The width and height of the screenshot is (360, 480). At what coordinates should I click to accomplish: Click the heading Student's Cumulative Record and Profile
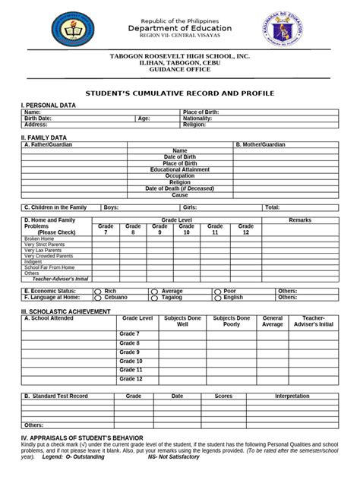179,93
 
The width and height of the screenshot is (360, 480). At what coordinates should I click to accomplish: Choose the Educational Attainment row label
180,169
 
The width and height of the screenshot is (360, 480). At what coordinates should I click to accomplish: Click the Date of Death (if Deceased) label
180,188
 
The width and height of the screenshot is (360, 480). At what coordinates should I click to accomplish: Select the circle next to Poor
216,291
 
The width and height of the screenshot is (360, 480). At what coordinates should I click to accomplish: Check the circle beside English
216,298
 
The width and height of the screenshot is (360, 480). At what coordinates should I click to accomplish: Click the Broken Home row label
39,238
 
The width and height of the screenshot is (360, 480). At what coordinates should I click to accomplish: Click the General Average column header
273,321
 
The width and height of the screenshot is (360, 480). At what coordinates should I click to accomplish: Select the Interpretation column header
292,396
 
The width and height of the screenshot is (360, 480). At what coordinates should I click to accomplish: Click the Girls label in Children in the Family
190,207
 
